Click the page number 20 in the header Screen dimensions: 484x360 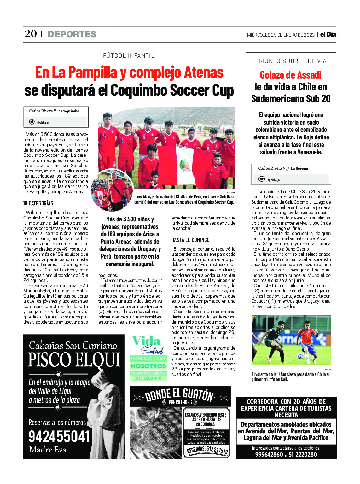pos(31,34)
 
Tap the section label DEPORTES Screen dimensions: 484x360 pos(72,34)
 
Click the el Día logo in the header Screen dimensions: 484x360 pos(328,34)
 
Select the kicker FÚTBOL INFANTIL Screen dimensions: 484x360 pos(129,56)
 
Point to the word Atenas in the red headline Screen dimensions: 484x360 pos(204,73)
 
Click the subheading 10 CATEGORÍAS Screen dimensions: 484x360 pos(38,203)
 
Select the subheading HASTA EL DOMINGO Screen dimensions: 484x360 pos(190,240)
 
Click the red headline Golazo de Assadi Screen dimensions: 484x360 pos(290,75)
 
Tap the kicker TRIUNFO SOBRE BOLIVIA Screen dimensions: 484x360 pos(291,61)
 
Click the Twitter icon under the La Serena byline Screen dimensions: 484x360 pos(262,179)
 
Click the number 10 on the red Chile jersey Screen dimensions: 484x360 pos(305,335)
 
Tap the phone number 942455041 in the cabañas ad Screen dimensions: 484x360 pos(59,437)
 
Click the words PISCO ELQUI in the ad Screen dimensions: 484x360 pos(74,360)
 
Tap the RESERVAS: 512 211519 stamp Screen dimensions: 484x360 pos(207,450)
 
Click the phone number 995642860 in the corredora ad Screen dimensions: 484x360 pos(269,454)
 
